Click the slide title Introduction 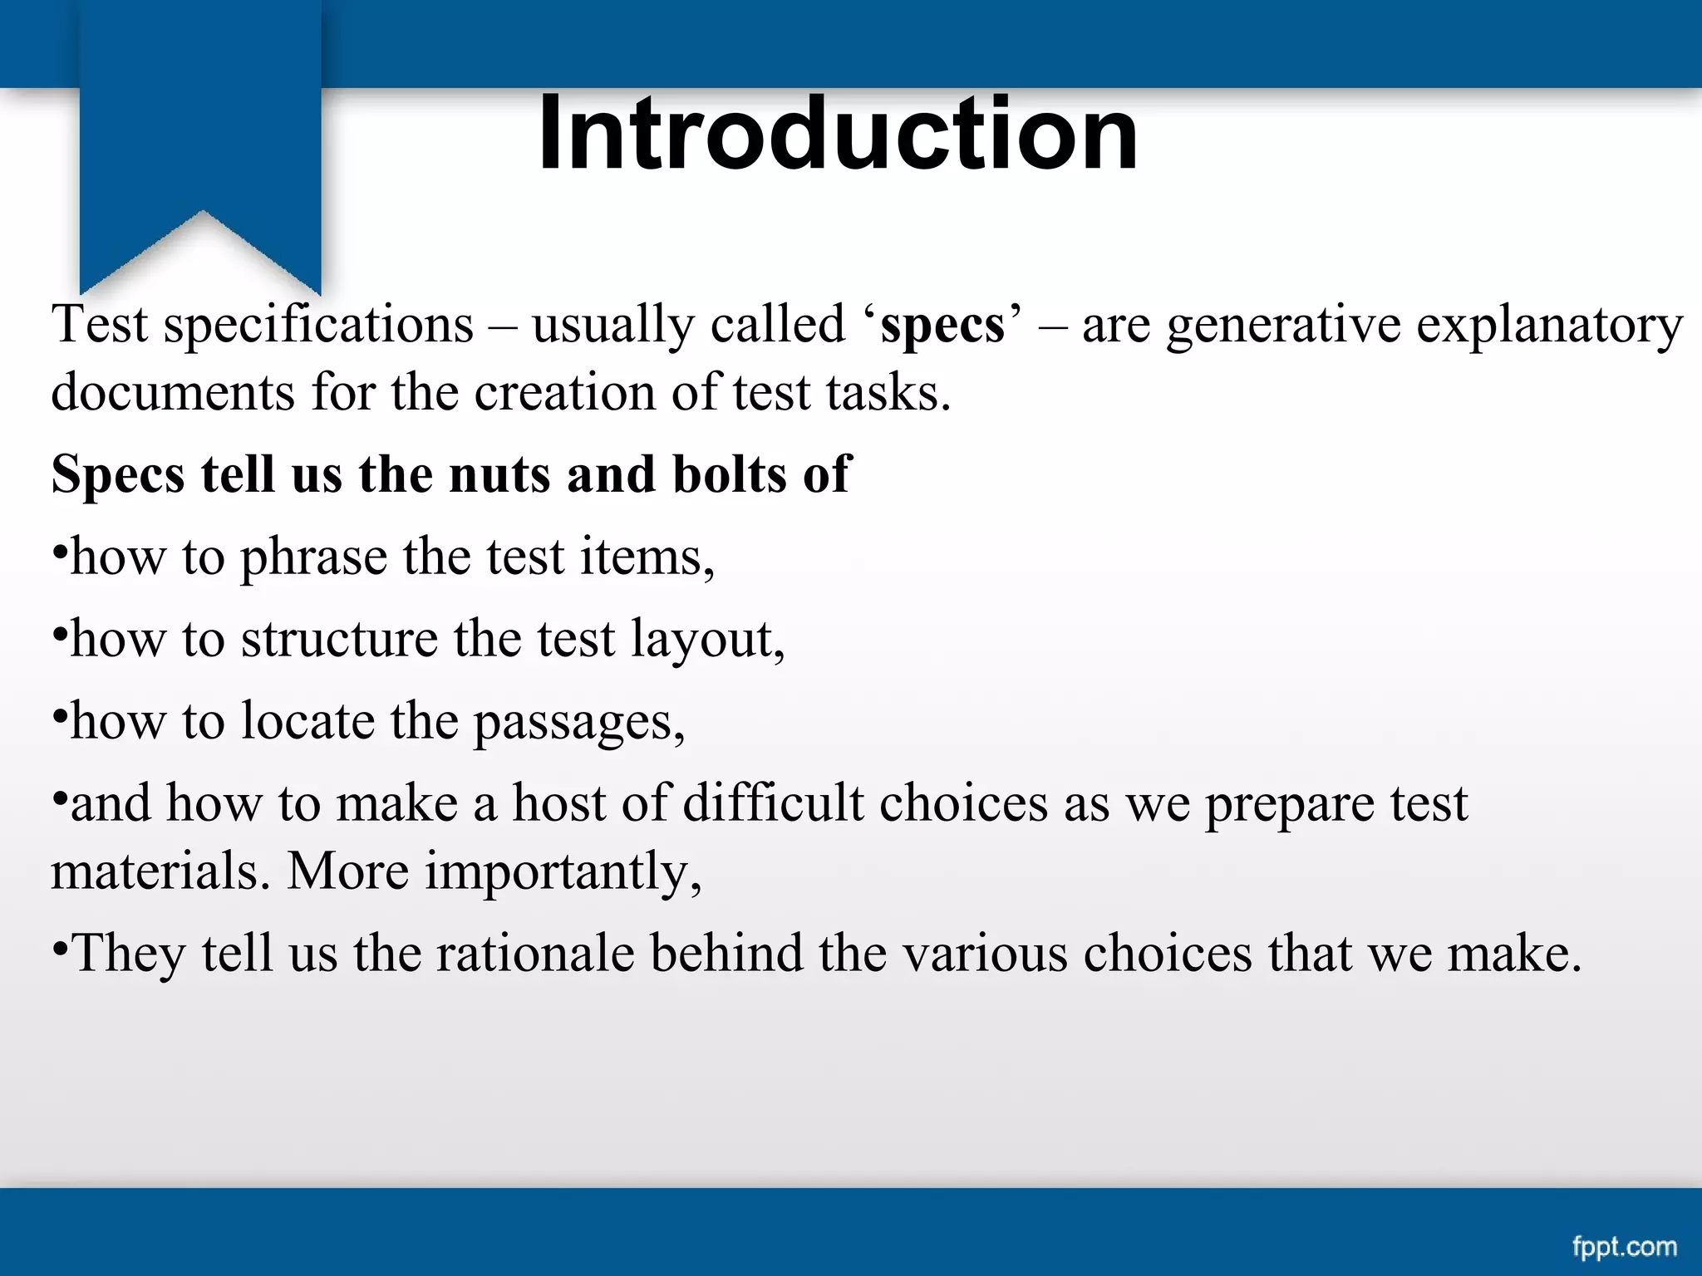(x=838, y=135)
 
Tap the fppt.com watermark (x=1624, y=1247)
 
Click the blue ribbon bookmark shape (x=200, y=133)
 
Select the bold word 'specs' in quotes (x=942, y=325)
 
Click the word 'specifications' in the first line (x=318, y=325)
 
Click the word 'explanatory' (x=1549, y=325)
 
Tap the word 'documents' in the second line (x=173, y=392)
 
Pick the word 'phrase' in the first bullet (x=313, y=557)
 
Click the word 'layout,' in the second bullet (x=707, y=640)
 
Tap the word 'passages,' (x=579, y=722)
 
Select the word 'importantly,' (x=563, y=871)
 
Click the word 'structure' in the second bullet (x=339, y=640)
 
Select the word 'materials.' (x=160, y=871)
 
